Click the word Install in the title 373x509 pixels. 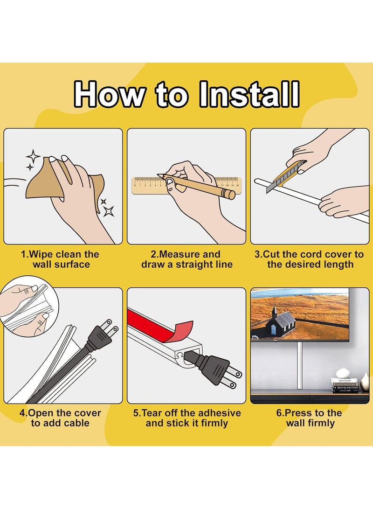pos(249,94)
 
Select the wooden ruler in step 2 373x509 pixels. pos(186,186)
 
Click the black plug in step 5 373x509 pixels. pos(213,369)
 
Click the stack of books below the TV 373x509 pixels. pos(345,385)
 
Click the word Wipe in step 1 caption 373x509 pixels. pos(41,254)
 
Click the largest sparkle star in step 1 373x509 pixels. pos(109,211)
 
